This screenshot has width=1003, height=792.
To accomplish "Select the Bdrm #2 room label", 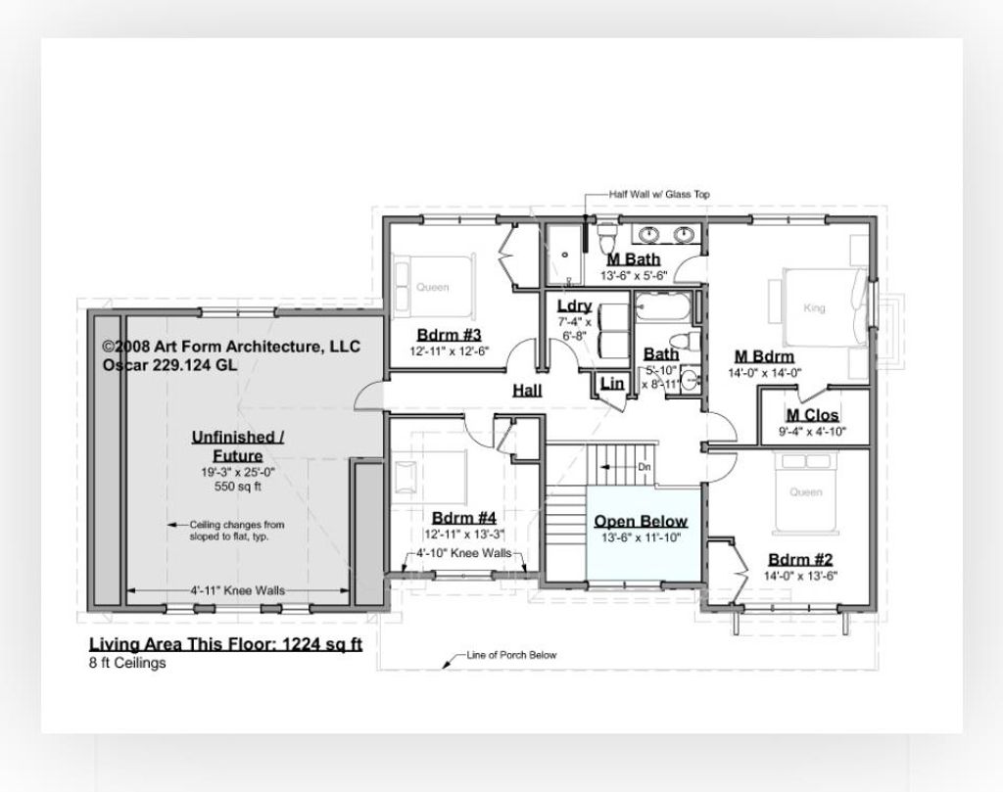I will (800, 559).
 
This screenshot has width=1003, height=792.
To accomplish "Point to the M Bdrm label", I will (763, 355).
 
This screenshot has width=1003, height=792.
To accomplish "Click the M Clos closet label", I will (812, 415).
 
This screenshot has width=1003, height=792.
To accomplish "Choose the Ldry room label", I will (574, 305).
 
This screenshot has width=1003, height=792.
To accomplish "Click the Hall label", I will (528, 391).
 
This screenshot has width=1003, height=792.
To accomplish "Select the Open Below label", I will (641, 521).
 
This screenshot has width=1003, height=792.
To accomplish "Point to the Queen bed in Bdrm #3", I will (431, 286).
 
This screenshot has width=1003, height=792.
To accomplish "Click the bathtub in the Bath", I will (661, 313).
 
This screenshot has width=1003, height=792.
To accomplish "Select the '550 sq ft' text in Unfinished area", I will (237, 486).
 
